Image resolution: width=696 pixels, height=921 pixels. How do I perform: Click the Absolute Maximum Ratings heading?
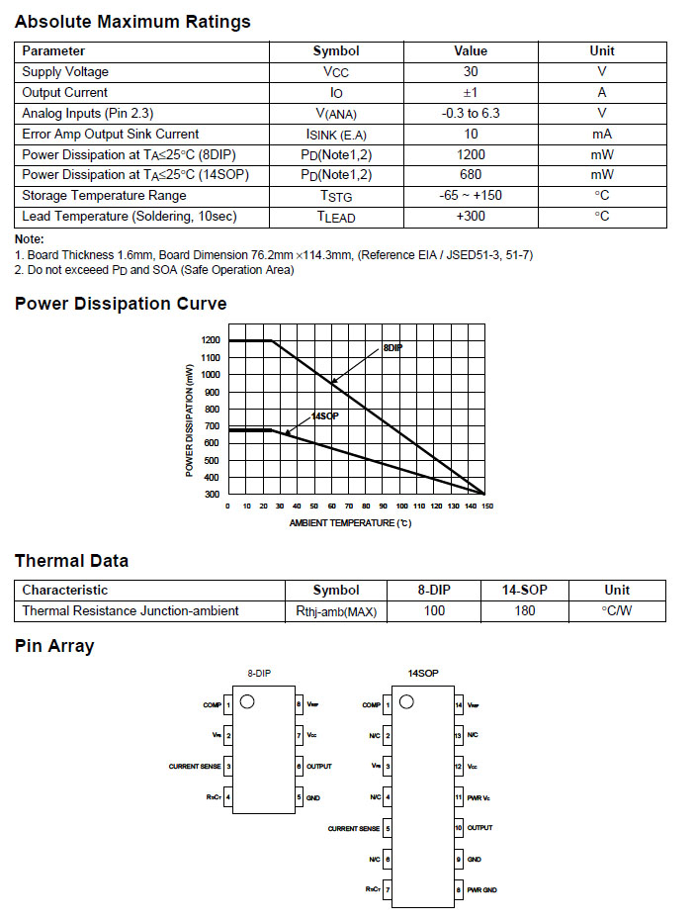click(132, 22)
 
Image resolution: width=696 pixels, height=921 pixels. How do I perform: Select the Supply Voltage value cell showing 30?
click(471, 72)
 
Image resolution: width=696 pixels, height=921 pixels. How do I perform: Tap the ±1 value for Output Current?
click(471, 93)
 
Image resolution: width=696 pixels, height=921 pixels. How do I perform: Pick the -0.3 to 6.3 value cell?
click(471, 114)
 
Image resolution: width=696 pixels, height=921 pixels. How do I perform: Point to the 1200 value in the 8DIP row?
click(471, 155)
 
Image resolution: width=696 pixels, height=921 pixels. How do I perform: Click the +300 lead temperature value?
click(471, 217)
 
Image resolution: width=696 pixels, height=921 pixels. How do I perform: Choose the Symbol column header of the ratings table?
click(336, 51)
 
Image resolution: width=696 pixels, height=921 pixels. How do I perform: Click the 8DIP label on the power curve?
click(392, 349)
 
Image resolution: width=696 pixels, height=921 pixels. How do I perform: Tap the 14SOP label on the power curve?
click(325, 416)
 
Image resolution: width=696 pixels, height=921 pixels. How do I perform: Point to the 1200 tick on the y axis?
click(211, 340)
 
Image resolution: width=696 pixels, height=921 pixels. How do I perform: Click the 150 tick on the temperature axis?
click(486, 506)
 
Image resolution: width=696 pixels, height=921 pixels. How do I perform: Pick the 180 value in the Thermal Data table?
click(525, 611)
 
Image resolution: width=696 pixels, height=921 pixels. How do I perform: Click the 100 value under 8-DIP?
click(434, 611)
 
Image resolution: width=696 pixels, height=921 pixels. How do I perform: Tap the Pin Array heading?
click(54, 646)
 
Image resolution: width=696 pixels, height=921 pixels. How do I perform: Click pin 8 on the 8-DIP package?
click(299, 705)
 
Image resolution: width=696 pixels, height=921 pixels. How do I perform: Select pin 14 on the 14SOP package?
click(459, 705)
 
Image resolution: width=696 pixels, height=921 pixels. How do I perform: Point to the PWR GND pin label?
click(482, 890)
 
